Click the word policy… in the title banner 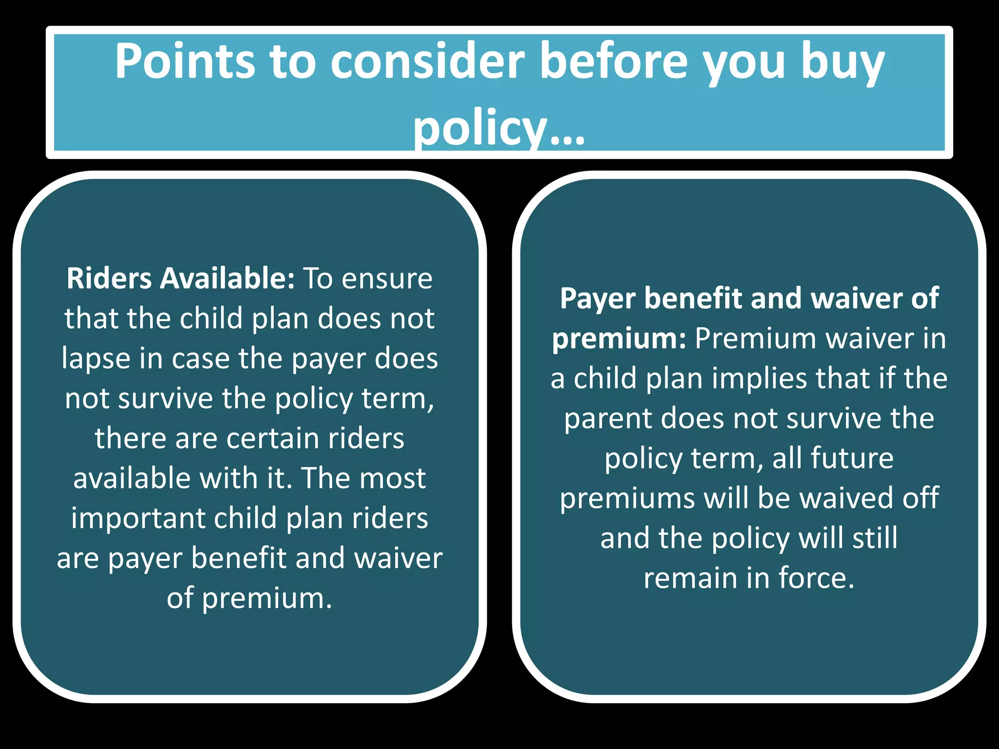point(499,128)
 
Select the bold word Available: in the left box point(228,278)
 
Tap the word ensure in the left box point(387,279)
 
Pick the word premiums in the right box point(627,498)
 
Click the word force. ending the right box point(817,578)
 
